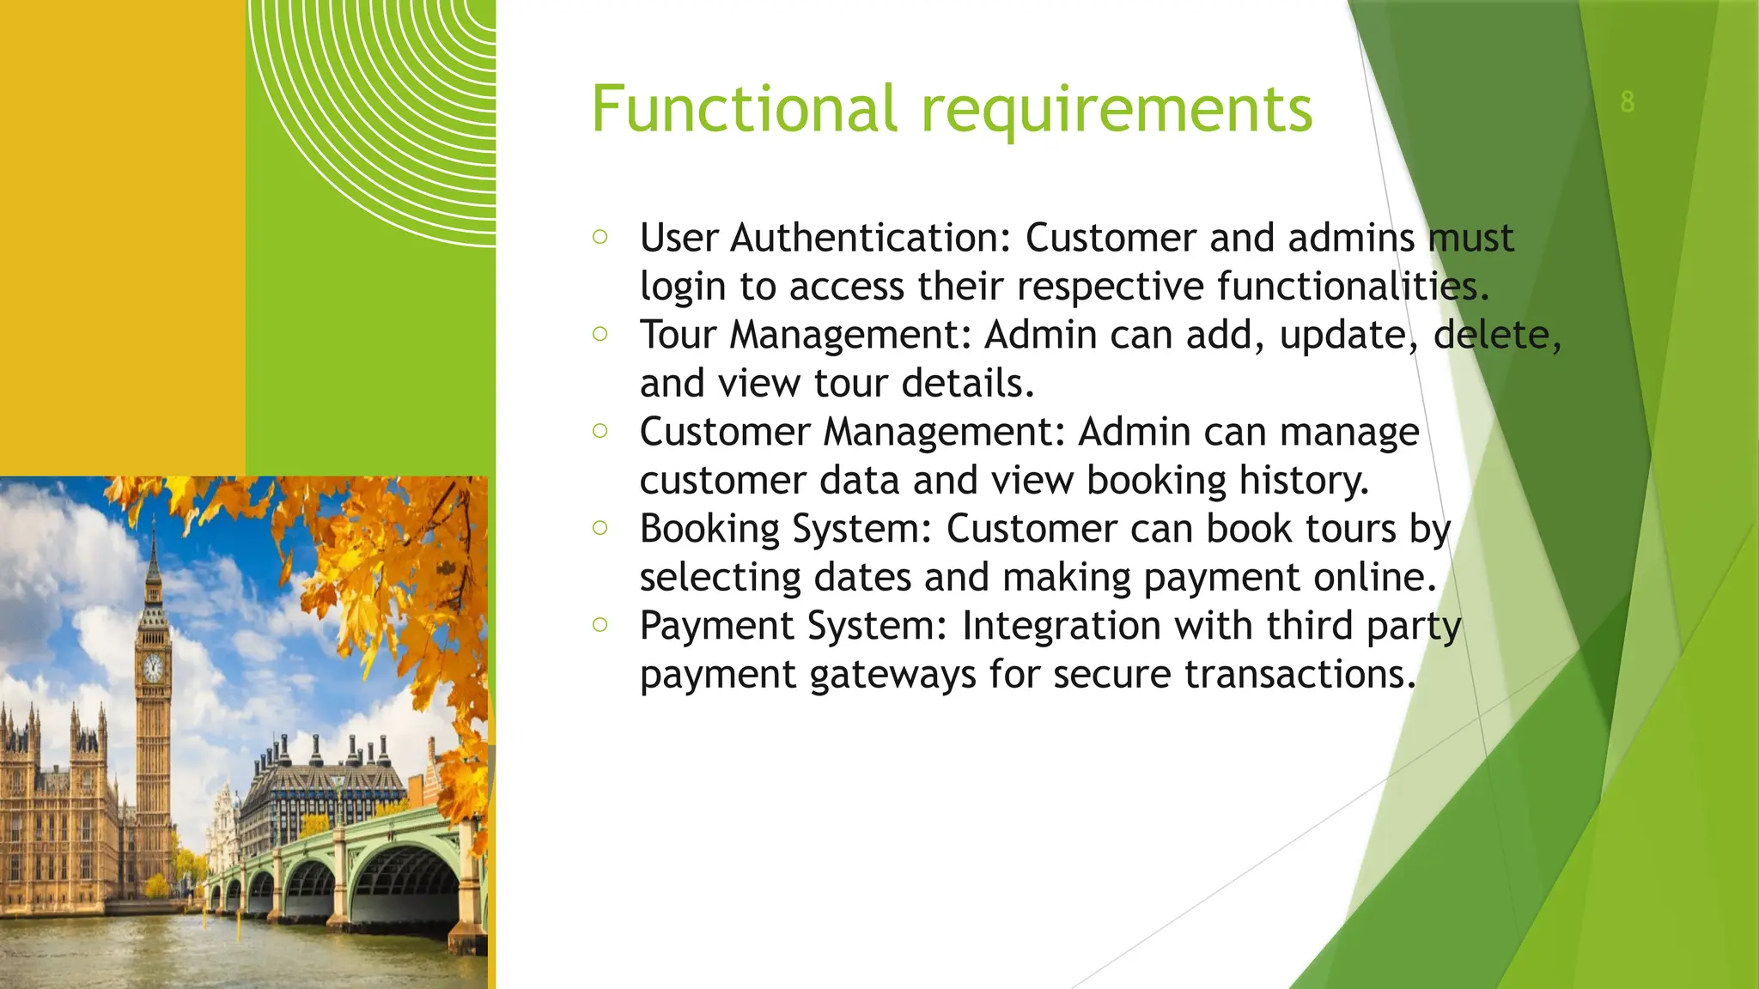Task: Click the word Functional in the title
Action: point(744,109)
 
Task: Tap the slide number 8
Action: point(1627,101)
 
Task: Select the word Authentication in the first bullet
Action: point(871,239)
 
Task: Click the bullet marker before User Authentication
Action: point(600,236)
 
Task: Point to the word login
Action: point(683,288)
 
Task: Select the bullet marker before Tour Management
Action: point(600,333)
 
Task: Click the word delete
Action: point(1496,335)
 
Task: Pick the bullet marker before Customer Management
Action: point(600,430)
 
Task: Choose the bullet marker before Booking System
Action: point(600,527)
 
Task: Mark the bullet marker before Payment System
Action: point(600,624)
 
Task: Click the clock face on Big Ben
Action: point(153,668)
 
